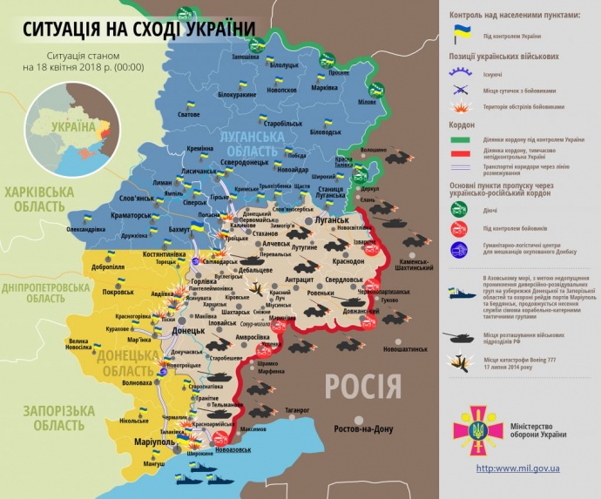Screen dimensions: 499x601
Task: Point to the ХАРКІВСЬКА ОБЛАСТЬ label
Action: [35, 199]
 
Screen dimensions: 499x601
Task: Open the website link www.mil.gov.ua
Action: [517, 469]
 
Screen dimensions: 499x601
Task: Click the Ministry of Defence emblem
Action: [476, 429]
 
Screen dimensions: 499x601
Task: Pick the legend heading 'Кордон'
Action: [463, 123]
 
